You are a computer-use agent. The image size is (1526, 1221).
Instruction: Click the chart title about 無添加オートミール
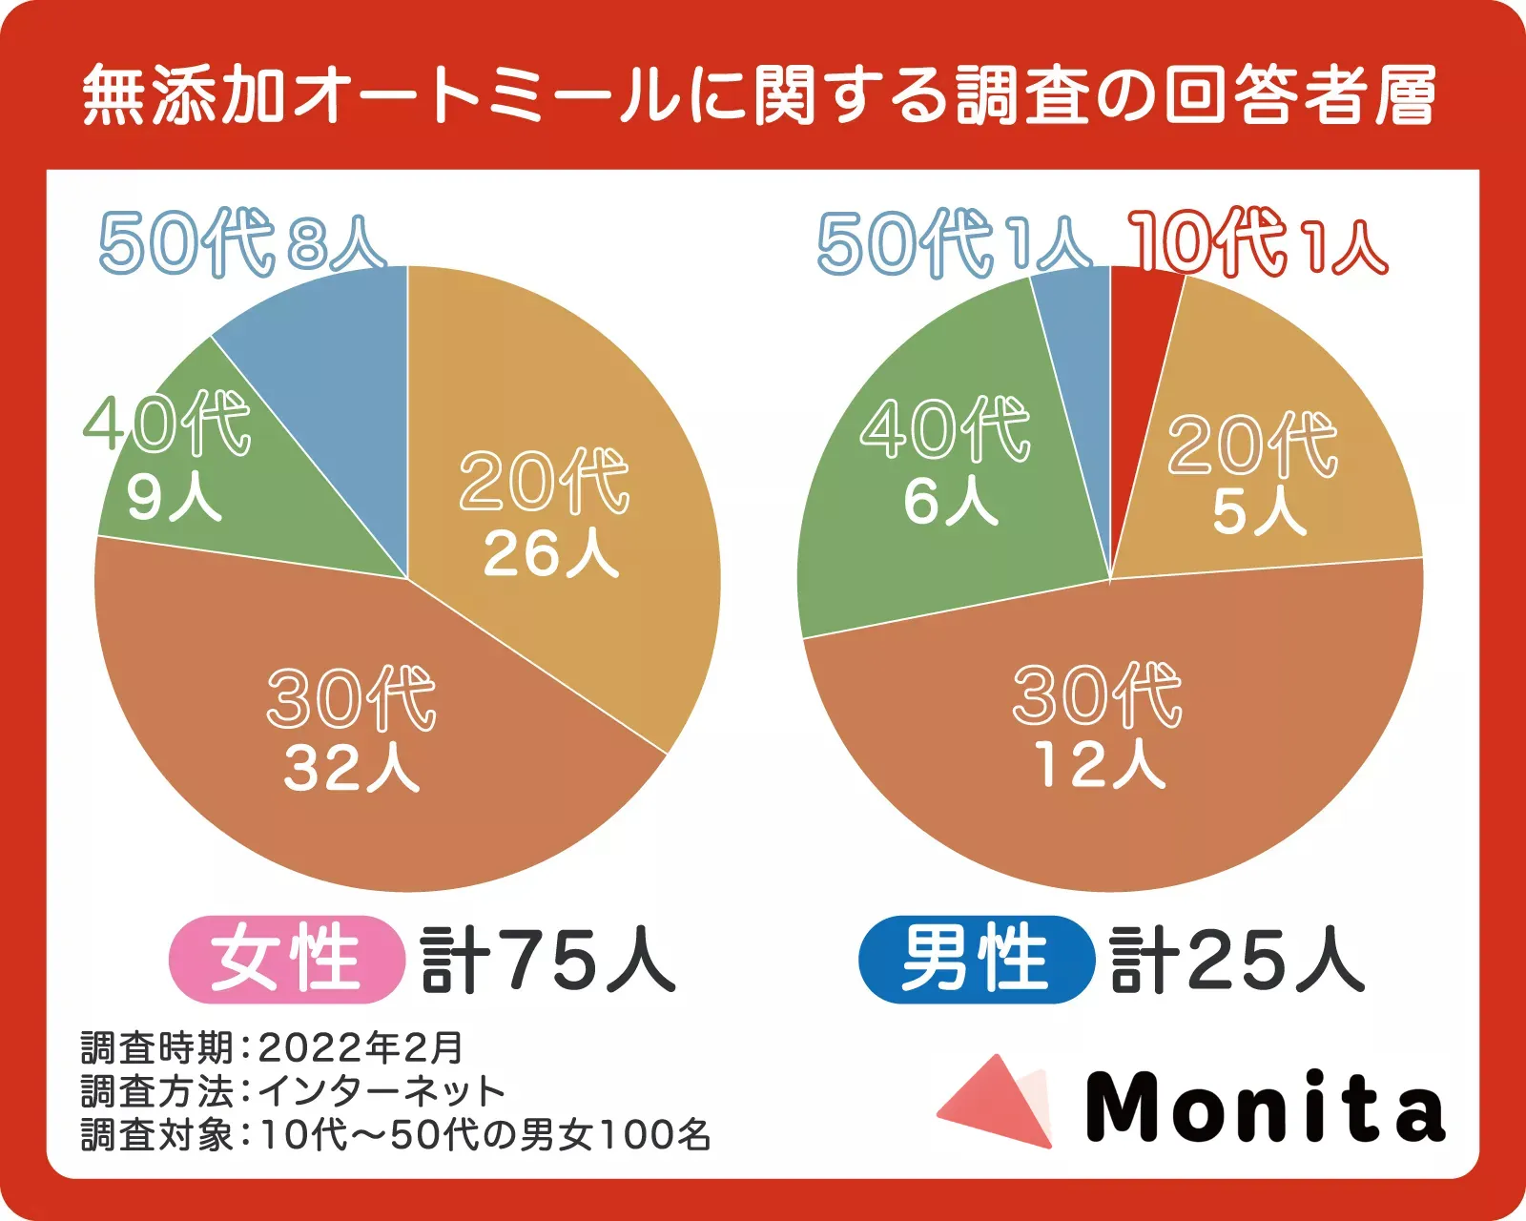(x=758, y=95)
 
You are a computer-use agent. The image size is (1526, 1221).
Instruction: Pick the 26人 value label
(x=550, y=553)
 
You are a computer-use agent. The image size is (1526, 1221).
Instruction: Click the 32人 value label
(x=351, y=769)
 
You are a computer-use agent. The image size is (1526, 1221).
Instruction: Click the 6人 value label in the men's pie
(x=950, y=502)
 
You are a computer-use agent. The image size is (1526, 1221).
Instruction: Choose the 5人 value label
(x=1258, y=512)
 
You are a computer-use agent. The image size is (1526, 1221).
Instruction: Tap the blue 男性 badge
(x=975, y=960)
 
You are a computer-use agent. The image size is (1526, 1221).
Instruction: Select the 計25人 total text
(x=1237, y=960)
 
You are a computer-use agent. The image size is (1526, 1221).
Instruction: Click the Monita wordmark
(x=1265, y=1107)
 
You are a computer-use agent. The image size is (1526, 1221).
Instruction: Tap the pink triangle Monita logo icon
(x=997, y=1102)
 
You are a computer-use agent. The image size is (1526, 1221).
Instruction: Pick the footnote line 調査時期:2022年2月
(x=272, y=1048)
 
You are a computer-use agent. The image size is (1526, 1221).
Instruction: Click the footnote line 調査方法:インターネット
(x=292, y=1090)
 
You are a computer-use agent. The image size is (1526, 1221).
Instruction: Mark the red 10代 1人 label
(x=1257, y=242)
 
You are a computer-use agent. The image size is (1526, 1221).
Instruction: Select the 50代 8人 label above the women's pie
(x=242, y=242)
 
